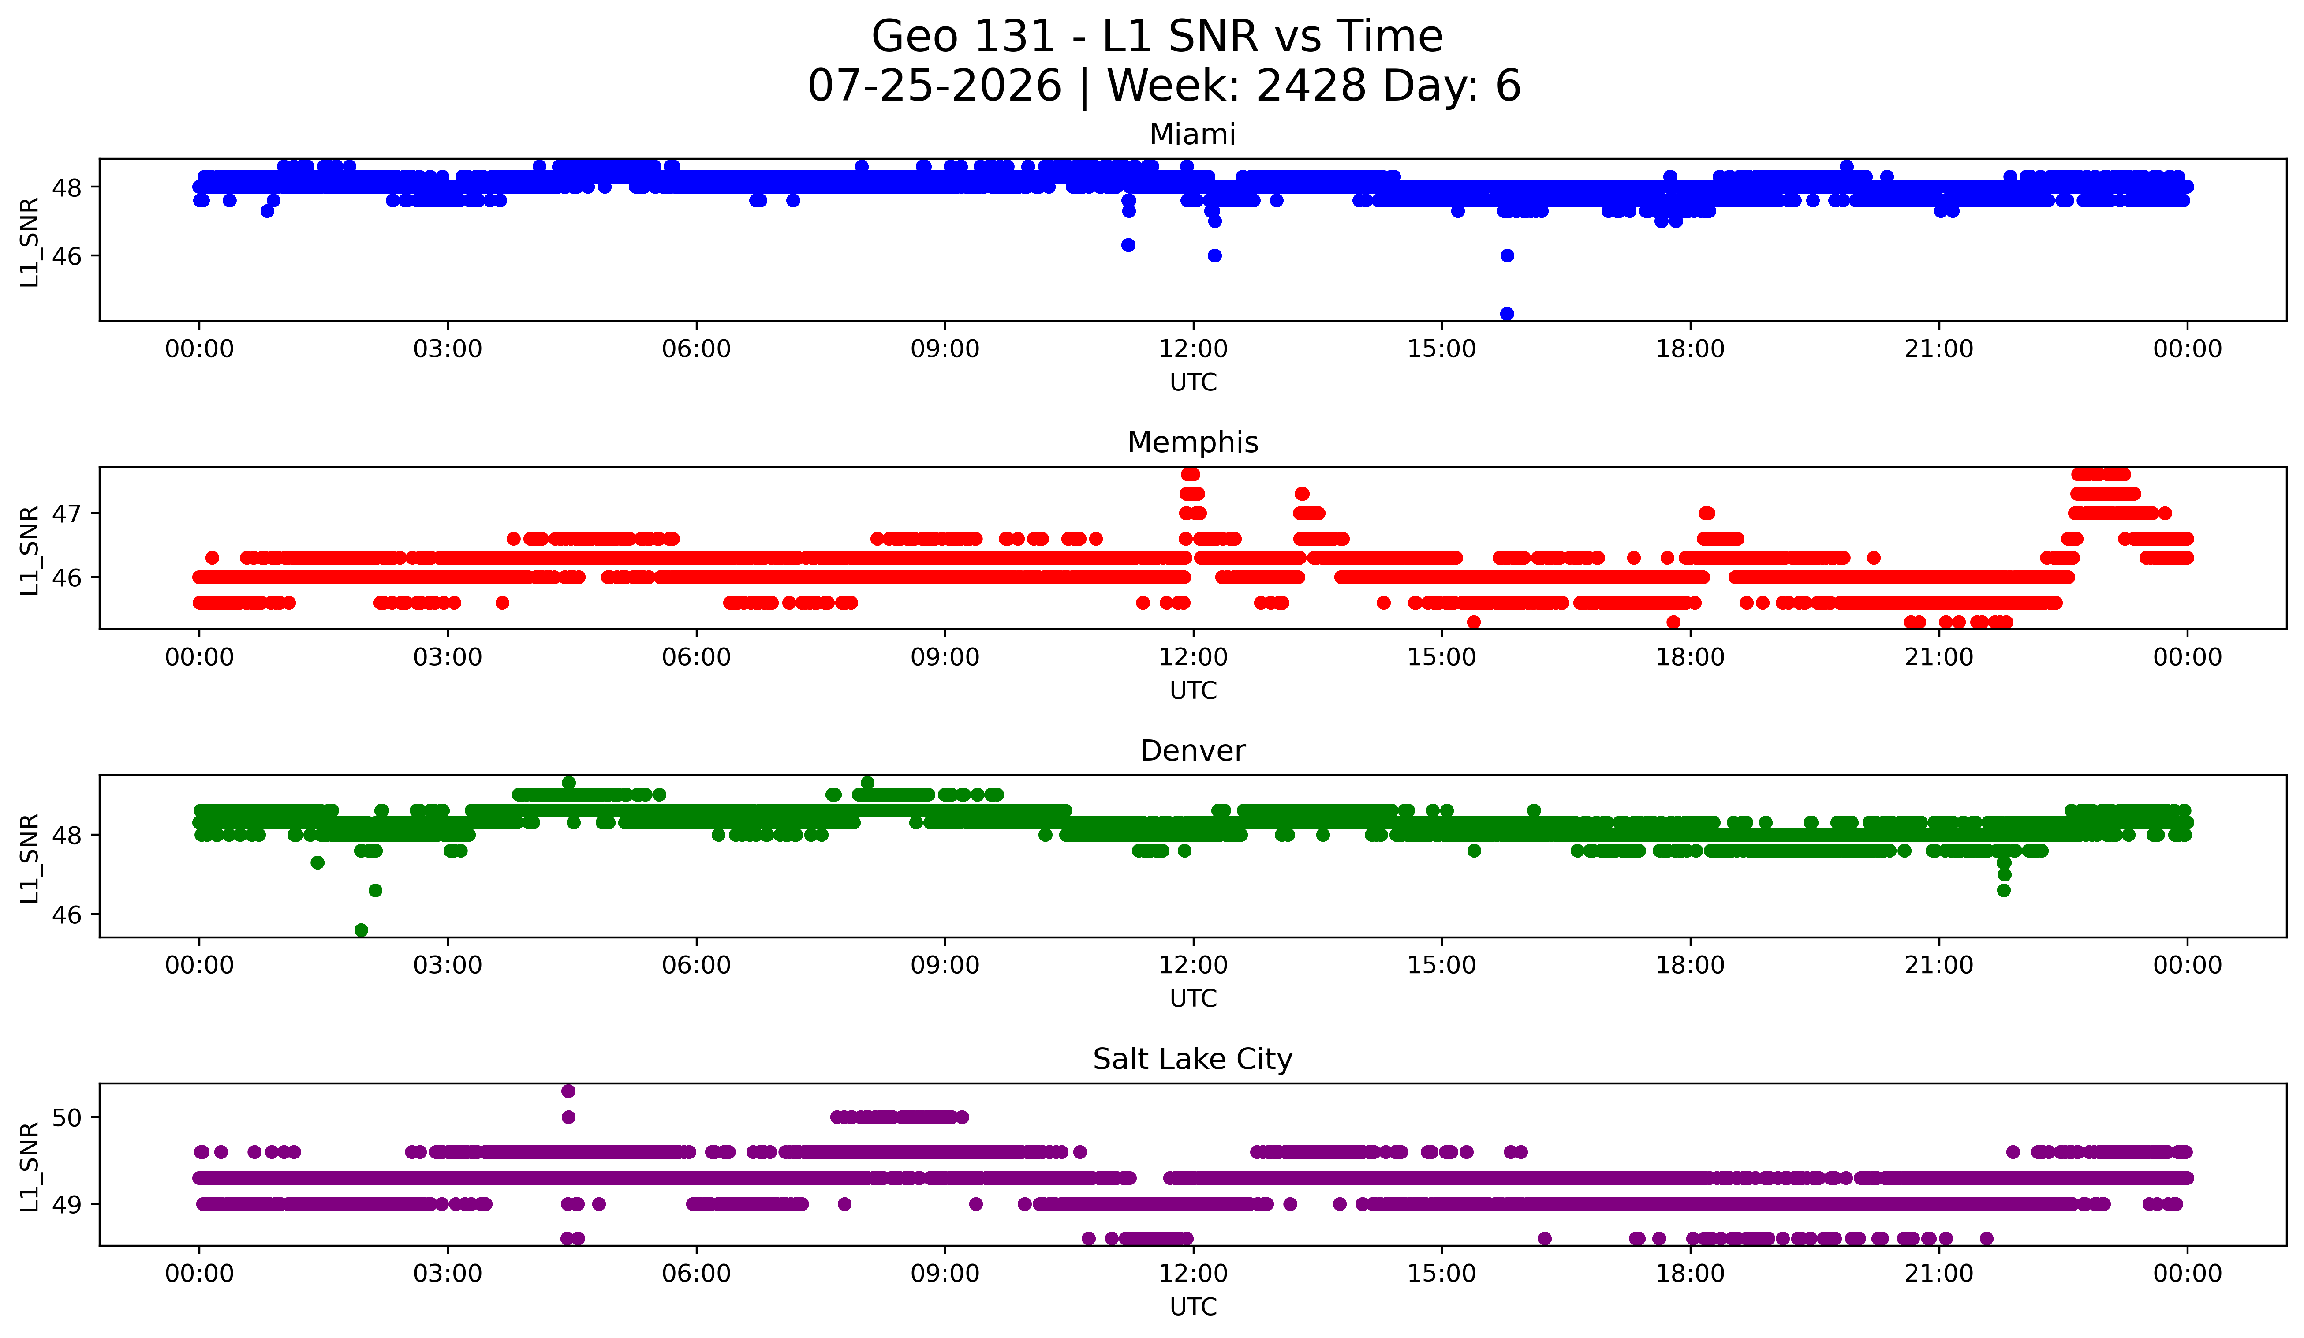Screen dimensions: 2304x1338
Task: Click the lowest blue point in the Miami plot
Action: click(1507, 314)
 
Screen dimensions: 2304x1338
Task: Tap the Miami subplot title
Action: click(1192, 135)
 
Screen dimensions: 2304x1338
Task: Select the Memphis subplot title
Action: click(1192, 442)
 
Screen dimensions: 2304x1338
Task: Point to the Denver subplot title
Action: click(1192, 751)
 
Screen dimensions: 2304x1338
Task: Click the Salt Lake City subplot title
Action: click(1192, 1059)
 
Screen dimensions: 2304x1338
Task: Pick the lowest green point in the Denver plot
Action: click(361, 930)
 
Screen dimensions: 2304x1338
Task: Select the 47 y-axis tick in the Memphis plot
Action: click(67, 513)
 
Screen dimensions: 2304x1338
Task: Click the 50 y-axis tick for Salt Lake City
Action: click(67, 1117)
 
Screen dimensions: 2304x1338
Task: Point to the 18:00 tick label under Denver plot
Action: click(1690, 966)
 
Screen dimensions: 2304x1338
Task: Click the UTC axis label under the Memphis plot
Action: click(1192, 690)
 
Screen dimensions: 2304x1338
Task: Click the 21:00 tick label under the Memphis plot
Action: click(1938, 658)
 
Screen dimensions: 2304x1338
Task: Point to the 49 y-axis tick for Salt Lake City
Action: click(67, 1204)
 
